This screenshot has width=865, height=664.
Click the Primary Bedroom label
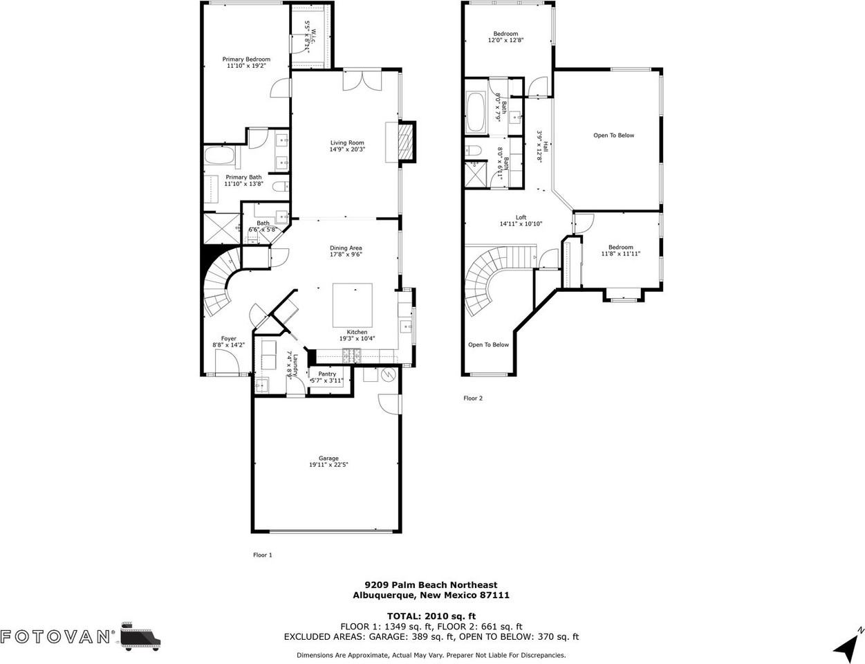245,59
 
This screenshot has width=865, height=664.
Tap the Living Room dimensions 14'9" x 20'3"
346,149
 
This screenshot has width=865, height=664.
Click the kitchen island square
353,305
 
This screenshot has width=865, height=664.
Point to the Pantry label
327,373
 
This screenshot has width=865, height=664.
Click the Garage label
328,458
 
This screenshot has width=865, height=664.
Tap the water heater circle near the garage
387,376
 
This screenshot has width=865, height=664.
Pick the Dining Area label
346,248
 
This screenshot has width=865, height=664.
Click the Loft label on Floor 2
521,217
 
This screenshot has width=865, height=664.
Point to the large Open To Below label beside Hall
613,136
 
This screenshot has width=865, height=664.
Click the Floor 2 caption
473,398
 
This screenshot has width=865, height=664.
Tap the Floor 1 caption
263,555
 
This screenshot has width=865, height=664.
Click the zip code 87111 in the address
496,595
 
